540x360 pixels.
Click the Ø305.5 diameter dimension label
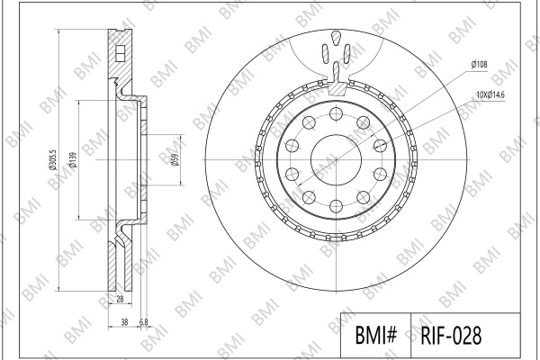[52, 159]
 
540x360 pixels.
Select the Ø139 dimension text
[72, 159]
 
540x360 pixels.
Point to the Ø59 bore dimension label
[175, 159]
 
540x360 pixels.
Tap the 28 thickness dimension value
[120, 299]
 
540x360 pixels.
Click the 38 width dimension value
[125, 322]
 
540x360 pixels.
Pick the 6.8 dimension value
[144, 322]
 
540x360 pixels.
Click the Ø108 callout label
[480, 64]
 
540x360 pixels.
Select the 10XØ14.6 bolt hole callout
[490, 94]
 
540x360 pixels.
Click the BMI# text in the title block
[376, 335]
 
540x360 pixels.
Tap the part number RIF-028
[451, 335]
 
